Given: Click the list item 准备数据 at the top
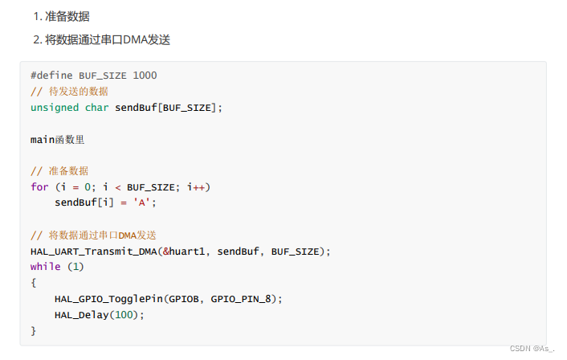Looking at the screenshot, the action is coord(67,16).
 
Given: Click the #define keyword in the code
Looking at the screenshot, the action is coord(51,76).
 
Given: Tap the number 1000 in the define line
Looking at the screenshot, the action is coord(145,76).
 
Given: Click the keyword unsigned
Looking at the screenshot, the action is coord(55,107).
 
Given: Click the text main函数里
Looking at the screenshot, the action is coord(57,139).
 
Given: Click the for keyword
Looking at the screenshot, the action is coord(39,186).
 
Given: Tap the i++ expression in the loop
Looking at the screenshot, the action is coord(197,186).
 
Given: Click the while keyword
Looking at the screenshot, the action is coord(45,266).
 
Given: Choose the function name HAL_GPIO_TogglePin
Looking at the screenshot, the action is coord(108,298).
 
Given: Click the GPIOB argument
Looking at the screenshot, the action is coord(187,298).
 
